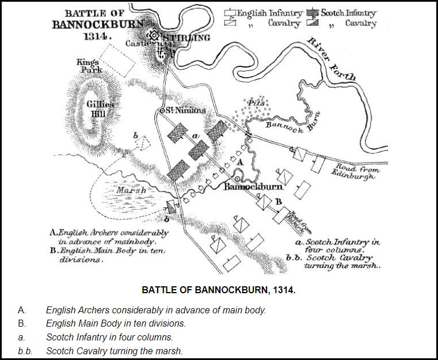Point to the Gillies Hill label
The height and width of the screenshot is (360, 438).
(x=100, y=109)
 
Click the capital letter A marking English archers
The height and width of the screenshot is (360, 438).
(x=241, y=162)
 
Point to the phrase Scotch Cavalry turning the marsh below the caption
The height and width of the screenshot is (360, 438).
(x=114, y=351)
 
